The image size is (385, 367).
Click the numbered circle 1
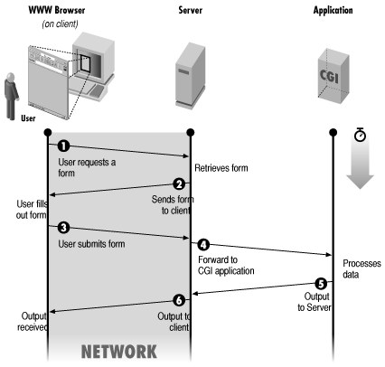63,146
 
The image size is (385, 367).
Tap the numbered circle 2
179,183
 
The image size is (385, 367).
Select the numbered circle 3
63,227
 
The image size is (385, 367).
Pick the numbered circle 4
203,245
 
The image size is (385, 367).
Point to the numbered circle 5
321,284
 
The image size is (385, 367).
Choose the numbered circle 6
179,300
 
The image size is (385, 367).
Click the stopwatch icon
360,135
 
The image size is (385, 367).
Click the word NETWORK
119,352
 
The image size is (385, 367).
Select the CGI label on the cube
329,76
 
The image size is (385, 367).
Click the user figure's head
11,77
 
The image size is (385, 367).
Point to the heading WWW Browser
57,10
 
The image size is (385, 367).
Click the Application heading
333,11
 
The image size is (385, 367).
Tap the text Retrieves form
221,168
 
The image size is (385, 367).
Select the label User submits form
91,244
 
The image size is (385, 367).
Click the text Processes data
362,268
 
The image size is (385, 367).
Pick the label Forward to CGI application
226,265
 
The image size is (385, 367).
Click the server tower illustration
191,75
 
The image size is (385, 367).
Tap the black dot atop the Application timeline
333,132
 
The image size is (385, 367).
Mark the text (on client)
60,24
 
